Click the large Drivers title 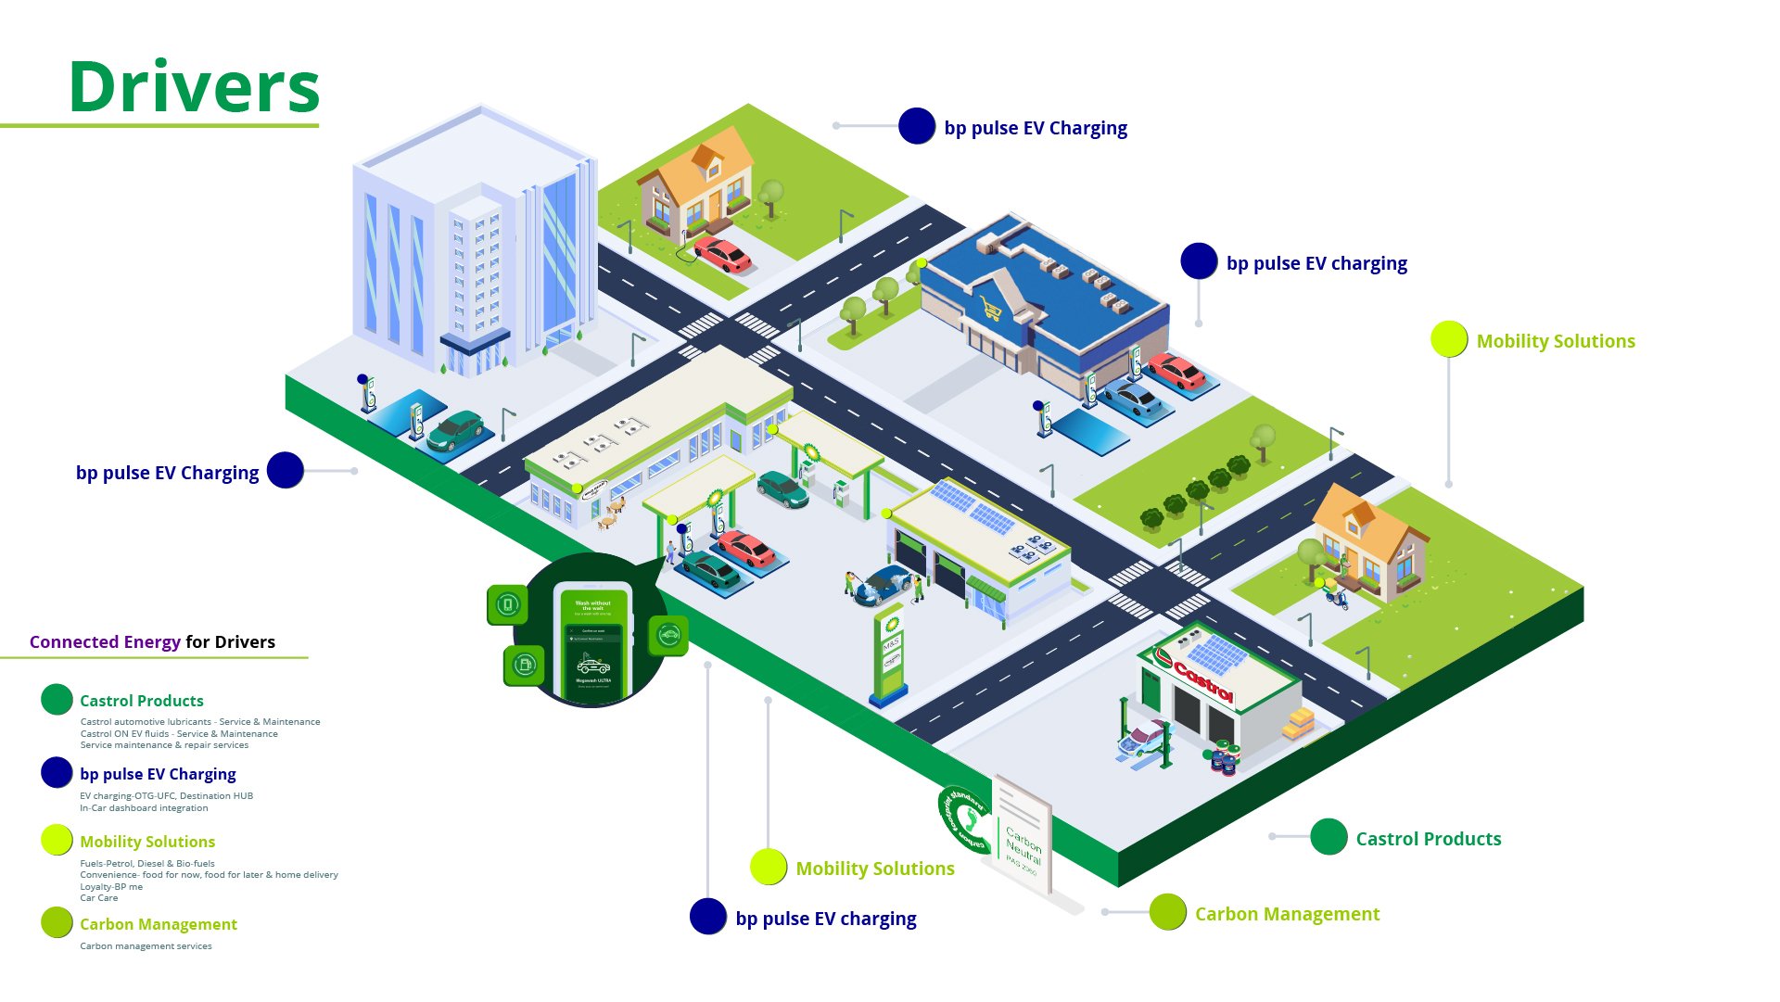(195, 88)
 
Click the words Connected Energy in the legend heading (105, 642)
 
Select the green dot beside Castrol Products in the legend (57, 700)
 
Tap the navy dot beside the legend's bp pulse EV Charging (57, 773)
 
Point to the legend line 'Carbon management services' (146, 946)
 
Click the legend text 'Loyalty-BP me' (111, 887)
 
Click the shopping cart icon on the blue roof (991, 309)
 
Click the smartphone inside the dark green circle (593, 641)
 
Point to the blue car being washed (884, 586)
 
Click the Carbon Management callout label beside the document (1286, 914)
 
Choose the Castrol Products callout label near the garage (1428, 839)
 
